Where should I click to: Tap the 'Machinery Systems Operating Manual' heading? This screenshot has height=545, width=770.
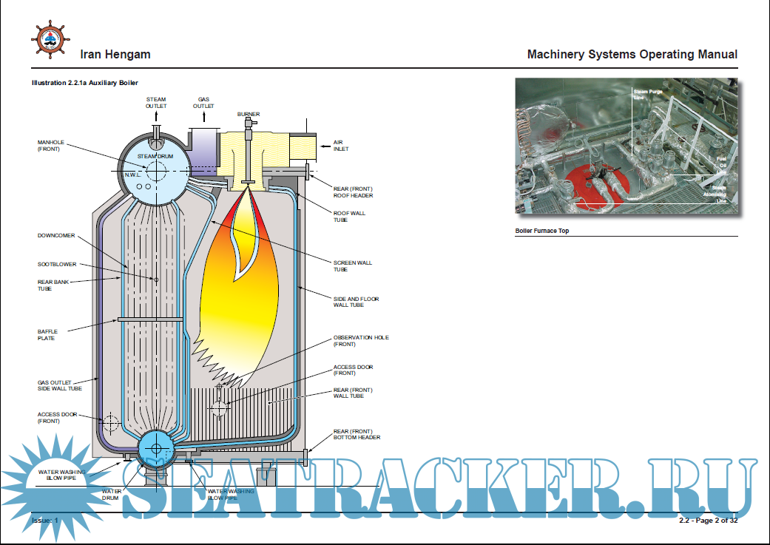point(632,54)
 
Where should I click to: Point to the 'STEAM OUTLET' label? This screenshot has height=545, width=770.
point(156,102)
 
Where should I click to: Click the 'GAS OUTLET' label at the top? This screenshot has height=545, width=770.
point(203,102)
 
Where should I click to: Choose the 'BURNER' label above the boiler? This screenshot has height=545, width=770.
point(249,114)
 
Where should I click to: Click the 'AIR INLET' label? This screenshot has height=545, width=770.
point(340,146)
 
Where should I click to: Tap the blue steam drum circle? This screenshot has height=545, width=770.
point(155,171)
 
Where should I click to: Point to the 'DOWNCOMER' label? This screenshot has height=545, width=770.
point(55,236)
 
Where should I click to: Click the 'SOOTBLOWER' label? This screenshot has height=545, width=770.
point(56,264)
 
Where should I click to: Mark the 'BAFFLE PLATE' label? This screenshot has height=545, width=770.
point(47,334)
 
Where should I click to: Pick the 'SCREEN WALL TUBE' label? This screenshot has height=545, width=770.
point(352,265)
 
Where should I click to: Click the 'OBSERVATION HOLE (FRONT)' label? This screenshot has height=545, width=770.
point(360,340)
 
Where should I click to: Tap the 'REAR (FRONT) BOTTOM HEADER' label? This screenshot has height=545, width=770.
point(357,434)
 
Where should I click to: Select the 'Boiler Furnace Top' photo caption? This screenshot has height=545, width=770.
point(542,231)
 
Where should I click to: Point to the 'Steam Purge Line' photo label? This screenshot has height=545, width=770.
point(648,94)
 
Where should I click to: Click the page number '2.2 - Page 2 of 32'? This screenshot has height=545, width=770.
point(708,521)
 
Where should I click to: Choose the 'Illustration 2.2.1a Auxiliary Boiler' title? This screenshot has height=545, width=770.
point(84,83)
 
